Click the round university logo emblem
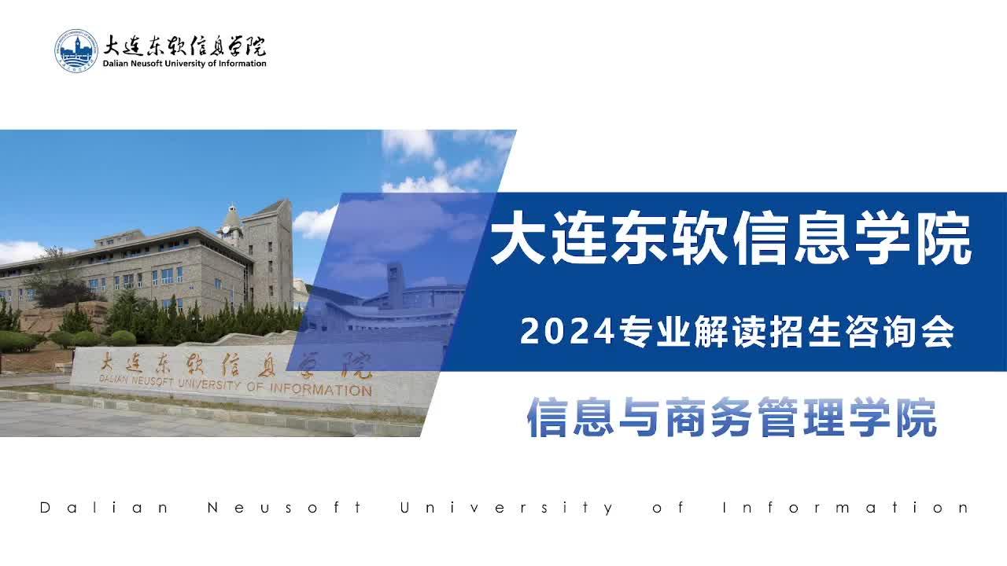[x=76, y=51]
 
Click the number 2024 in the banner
[x=567, y=332]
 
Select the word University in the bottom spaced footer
[x=506, y=508]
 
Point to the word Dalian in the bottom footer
[x=104, y=508]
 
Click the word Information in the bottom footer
[x=845, y=508]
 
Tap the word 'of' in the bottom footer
[x=668, y=508]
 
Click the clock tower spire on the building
[x=231, y=218]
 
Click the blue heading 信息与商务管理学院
[x=732, y=417]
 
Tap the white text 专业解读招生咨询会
[x=786, y=332]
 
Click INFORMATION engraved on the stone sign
[x=320, y=389]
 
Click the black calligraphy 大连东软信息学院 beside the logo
[x=184, y=46]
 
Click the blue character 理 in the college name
[x=824, y=417]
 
